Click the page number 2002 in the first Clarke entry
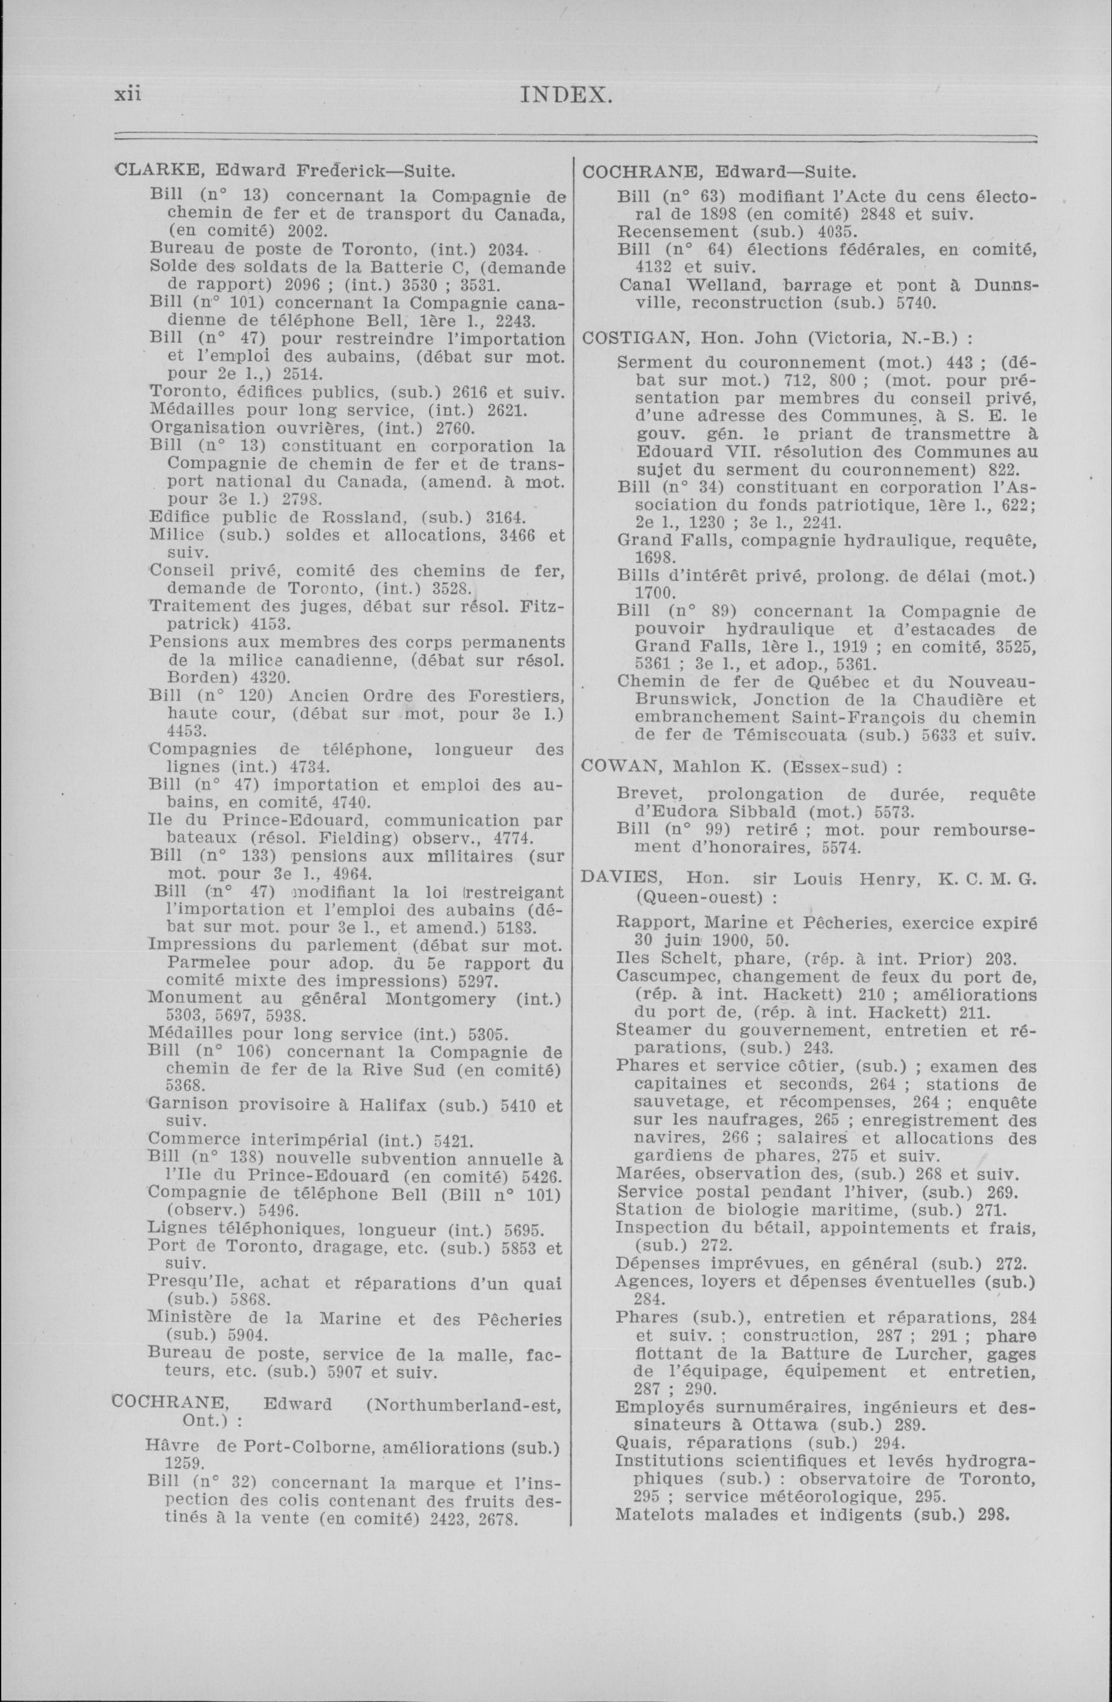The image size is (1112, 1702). (307, 232)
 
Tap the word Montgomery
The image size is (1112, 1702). (440, 998)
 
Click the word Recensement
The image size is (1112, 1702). (677, 232)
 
